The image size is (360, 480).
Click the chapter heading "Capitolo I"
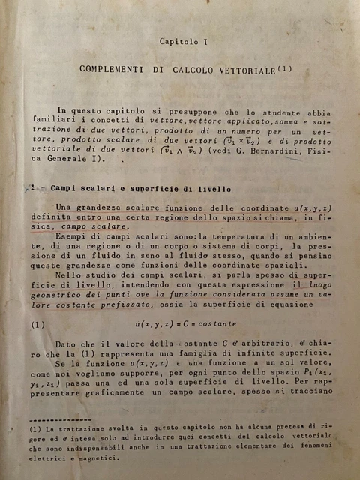tap(184, 43)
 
